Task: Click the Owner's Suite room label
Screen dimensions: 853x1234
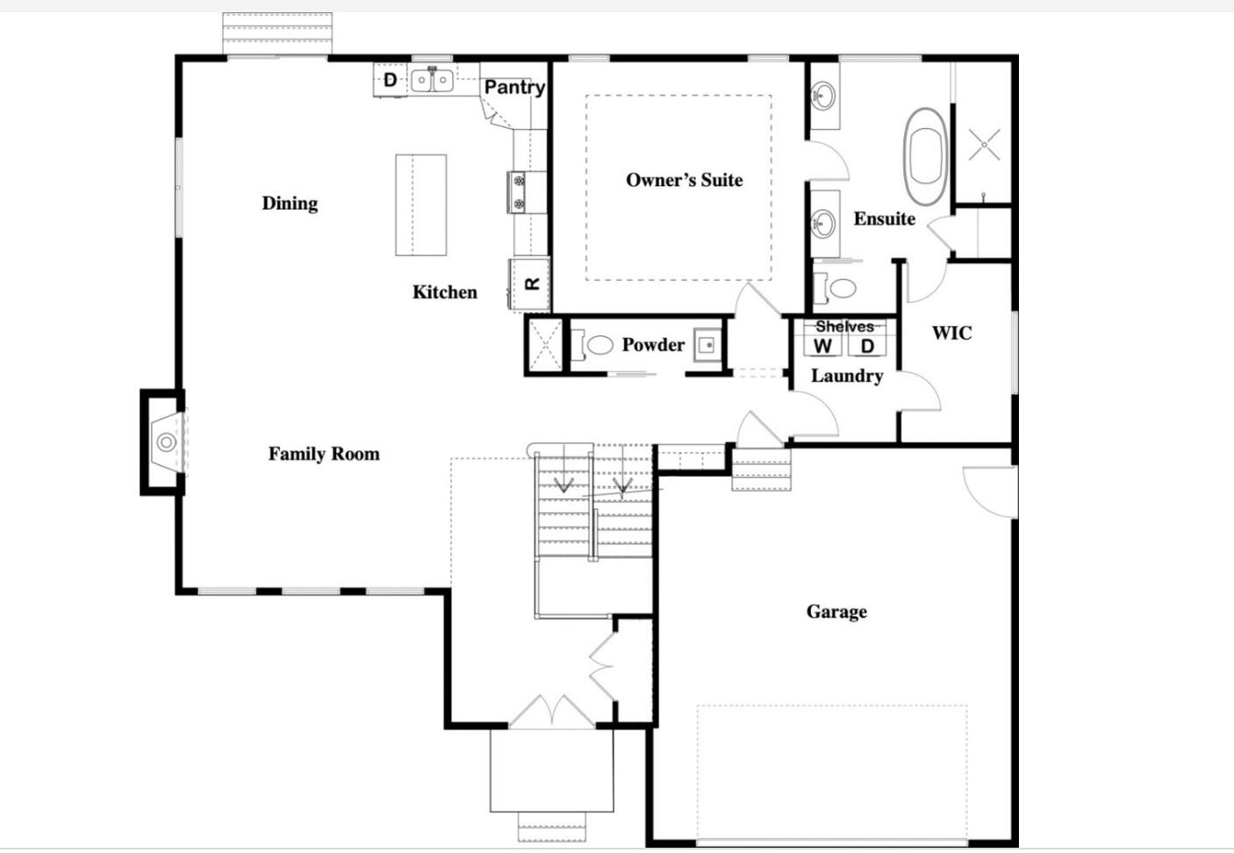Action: pyautogui.click(x=684, y=180)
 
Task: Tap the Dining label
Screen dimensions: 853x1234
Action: pyautogui.click(x=290, y=203)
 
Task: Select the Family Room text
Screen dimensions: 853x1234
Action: pyautogui.click(x=324, y=454)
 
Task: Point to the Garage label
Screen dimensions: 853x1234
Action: pyautogui.click(x=836, y=612)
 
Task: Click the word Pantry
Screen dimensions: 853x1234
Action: pyautogui.click(x=514, y=87)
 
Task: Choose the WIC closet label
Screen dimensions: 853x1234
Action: pyautogui.click(x=951, y=333)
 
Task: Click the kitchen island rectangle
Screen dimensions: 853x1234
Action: pyautogui.click(x=420, y=204)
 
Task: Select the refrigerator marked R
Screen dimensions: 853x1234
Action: pyautogui.click(x=530, y=283)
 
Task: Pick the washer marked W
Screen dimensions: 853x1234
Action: pyautogui.click(x=822, y=346)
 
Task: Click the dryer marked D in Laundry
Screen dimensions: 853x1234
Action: pyautogui.click(x=867, y=346)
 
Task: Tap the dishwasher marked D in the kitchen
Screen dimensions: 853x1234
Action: pyautogui.click(x=390, y=80)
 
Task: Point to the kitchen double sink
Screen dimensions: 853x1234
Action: pyautogui.click(x=432, y=80)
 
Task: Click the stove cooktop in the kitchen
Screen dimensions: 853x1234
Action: pyautogui.click(x=518, y=191)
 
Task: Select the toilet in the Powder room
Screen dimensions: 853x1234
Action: pyautogui.click(x=596, y=345)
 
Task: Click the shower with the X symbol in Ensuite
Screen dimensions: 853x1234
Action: pyautogui.click(x=984, y=145)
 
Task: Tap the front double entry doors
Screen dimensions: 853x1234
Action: pyautogui.click(x=552, y=713)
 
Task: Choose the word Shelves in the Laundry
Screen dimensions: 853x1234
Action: pyautogui.click(x=844, y=326)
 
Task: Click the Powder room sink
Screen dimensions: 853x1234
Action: pyautogui.click(x=707, y=345)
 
